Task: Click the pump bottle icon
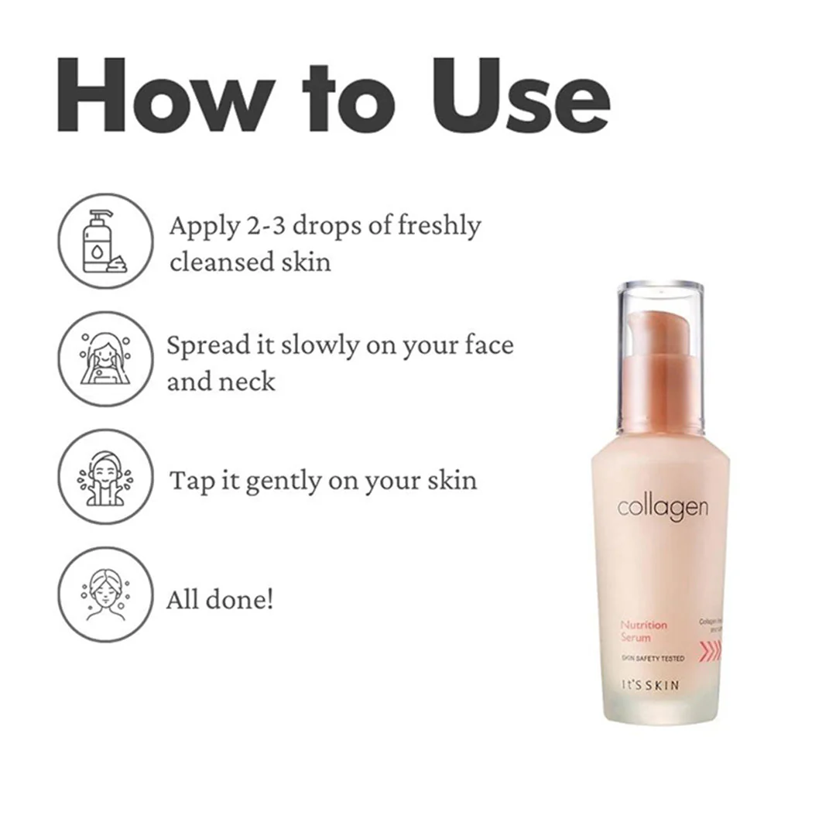(105, 241)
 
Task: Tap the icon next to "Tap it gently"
(105, 477)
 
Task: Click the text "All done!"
(219, 599)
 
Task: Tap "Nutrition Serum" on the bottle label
(643, 631)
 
